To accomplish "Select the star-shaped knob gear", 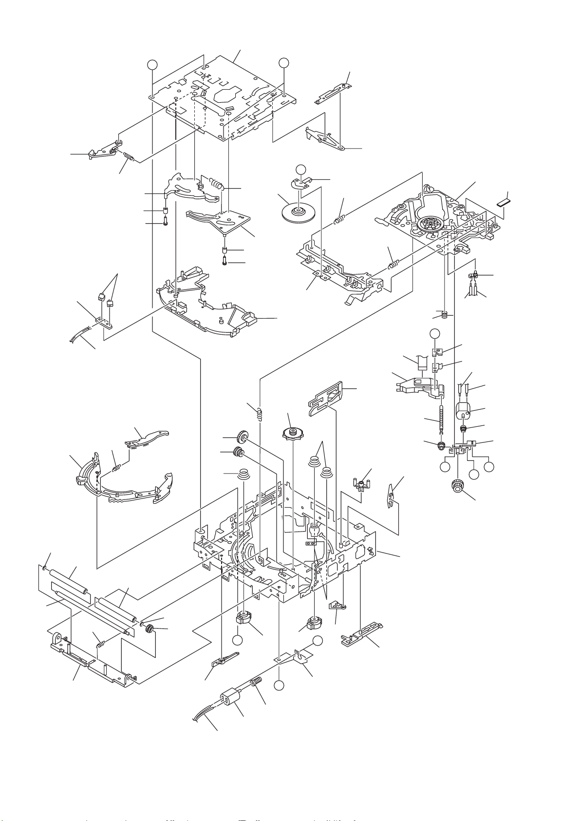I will point(293,433).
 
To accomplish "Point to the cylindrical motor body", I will point(465,411).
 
